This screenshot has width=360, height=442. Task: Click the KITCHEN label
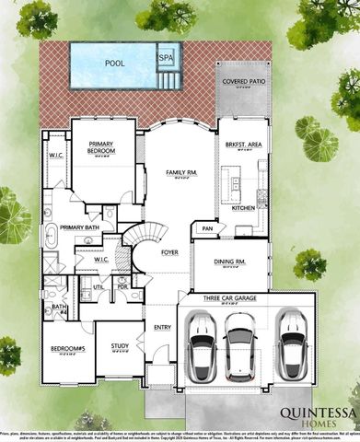click(243, 208)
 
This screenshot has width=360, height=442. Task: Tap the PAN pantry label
click(208, 228)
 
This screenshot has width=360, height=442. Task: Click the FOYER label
click(169, 250)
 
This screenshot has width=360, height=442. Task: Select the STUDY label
click(119, 346)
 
